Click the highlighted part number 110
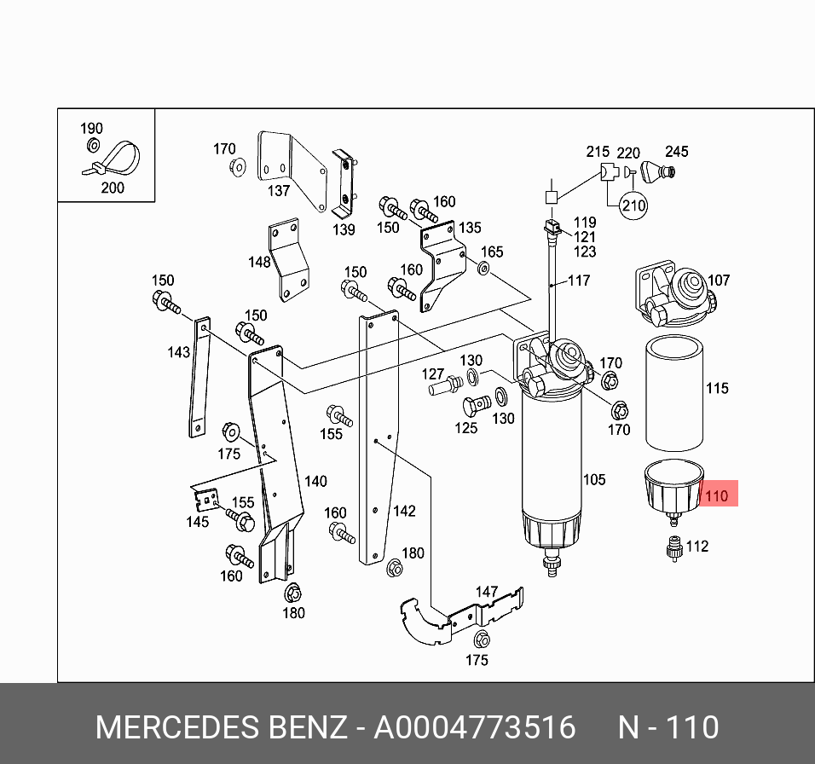point(718,495)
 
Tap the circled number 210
point(633,205)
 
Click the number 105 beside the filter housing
point(594,479)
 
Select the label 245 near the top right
point(676,152)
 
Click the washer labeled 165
point(483,270)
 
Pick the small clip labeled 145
point(205,502)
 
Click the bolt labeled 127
point(443,388)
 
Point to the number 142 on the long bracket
point(403,511)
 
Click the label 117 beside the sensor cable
point(579,281)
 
